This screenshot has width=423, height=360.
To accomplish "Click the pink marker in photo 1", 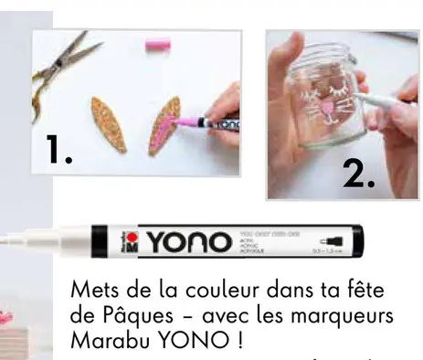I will (x=206, y=123).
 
